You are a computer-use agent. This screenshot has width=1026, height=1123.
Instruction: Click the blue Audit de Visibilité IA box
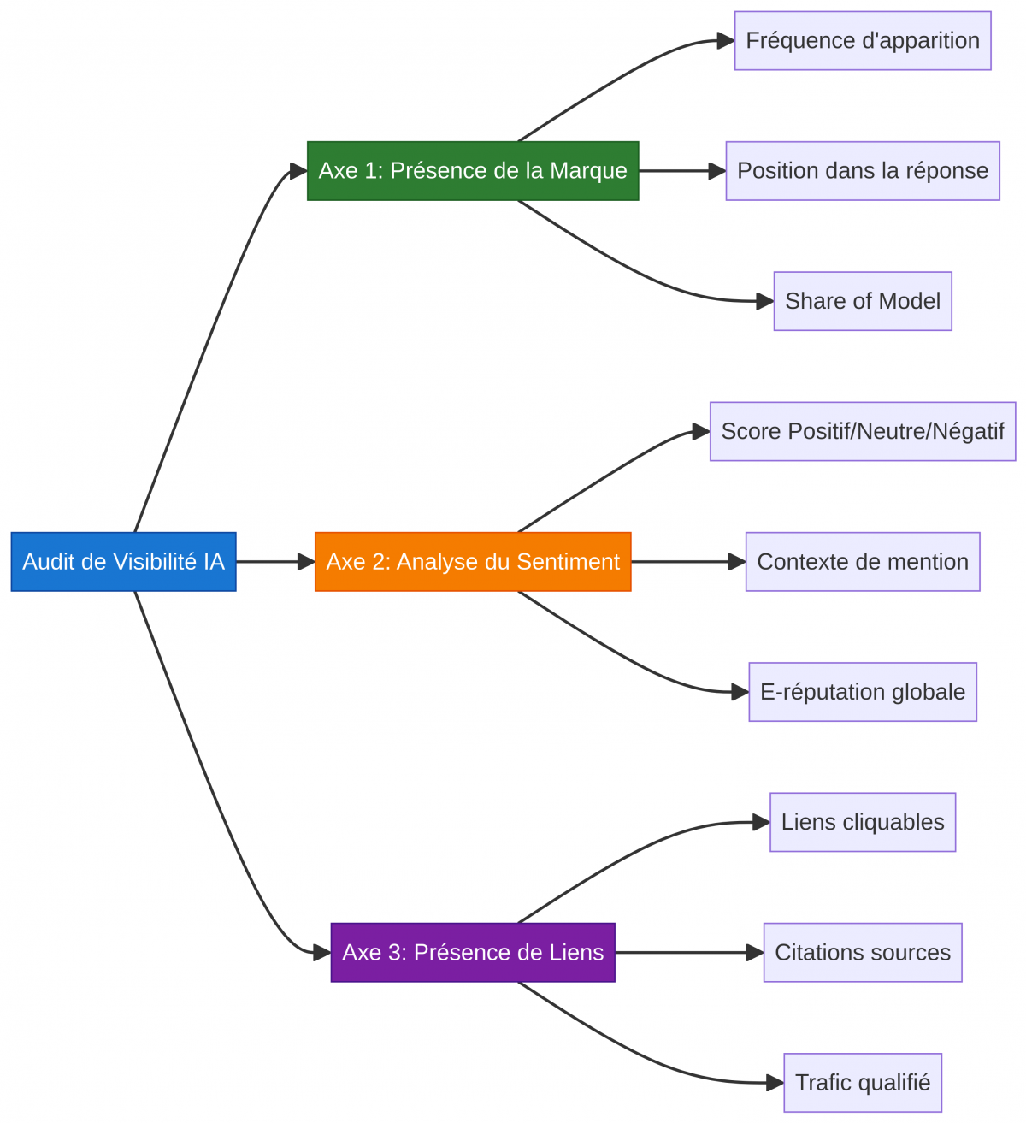[x=123, y=562]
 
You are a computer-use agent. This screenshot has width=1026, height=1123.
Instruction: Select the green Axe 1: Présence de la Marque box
[x=473, y=171]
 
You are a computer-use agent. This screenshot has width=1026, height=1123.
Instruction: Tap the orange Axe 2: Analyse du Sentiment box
[x=473, y=562]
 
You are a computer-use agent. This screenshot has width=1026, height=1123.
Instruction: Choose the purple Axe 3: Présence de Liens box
[x=473, y=953]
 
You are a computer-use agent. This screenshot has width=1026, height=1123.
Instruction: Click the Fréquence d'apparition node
[x=863, y=41]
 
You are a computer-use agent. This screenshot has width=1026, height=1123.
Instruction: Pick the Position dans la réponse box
[x=863, y=171]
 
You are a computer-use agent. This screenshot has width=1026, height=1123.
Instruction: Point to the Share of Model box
[x=863, y=301]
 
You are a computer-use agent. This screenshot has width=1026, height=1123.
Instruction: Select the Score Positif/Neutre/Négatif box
[x=863, y=431]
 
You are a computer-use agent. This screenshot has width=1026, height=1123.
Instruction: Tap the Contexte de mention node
[x=863, y=562]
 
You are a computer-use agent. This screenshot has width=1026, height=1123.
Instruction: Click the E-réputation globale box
[x=863, y=692]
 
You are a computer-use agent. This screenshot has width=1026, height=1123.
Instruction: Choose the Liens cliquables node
[x=863, y=822]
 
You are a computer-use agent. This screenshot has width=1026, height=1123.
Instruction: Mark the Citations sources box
[x=863, y=953]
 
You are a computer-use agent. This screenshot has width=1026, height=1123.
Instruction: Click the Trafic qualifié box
[x=863, y=1083]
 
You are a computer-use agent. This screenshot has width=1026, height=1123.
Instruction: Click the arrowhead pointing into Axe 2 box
[x=306, y=562]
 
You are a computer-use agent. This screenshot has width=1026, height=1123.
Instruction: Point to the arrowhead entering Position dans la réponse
[x=717, y=171]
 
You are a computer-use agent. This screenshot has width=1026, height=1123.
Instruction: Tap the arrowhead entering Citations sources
[x=755, y=953]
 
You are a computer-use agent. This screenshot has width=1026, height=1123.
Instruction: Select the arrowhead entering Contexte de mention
[x=737, y=562]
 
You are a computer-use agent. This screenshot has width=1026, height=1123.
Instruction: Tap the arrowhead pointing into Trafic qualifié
[x=775, y=1083]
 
